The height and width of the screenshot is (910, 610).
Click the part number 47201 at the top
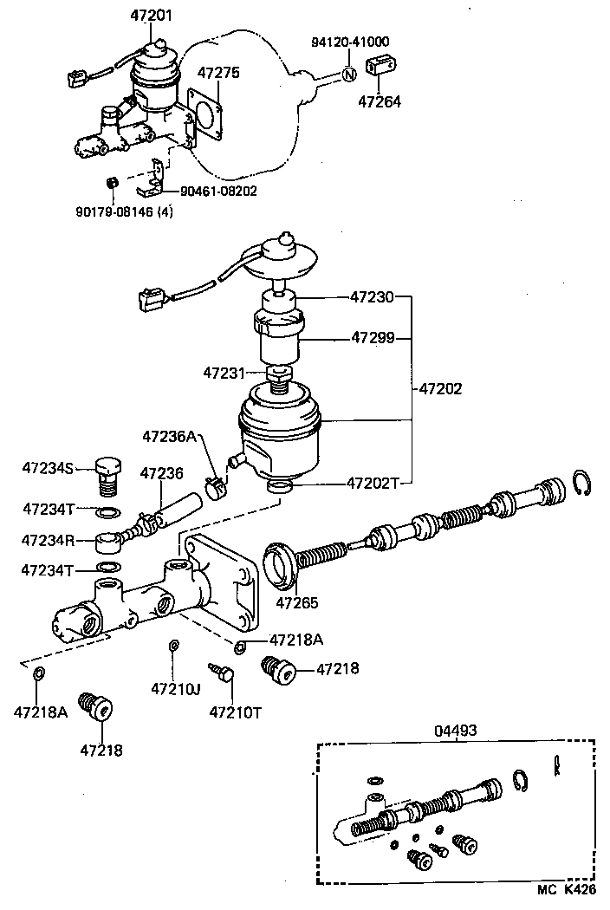(x=150, y=15)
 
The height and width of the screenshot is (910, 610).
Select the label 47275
(x=218, y=73)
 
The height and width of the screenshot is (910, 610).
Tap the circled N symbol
(x=348, y=75)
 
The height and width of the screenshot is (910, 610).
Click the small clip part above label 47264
(x=380, y=65)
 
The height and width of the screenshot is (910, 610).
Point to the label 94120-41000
(x=350, y=42)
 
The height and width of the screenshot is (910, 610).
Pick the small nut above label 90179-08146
(x=113, y=183)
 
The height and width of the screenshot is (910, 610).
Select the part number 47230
(x=372, y=297)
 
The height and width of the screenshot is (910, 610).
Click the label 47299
(x=373, y=337)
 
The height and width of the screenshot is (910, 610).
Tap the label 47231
(x=224, y=373)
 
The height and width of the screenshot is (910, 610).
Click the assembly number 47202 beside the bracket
(x=440, y=388)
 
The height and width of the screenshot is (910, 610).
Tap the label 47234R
(x=49, y=540)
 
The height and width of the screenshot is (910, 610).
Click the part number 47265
(x=296, y=603)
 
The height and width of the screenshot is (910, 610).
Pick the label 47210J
(x=176, y=689)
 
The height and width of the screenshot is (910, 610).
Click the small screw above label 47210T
(x=222, y=673)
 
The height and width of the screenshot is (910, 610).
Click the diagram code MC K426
(x=566, y=890)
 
